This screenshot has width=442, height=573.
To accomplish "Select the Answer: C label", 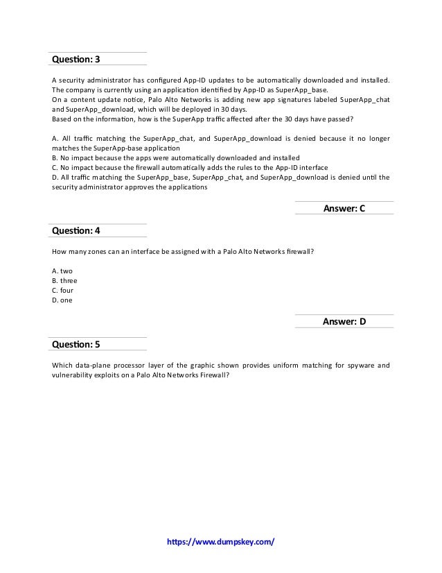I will tap(344, 207).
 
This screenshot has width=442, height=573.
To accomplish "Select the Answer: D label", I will tap(344, 321).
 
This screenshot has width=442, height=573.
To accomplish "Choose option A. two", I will tap(62, 271).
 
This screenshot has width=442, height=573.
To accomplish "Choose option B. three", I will tap(64, 280).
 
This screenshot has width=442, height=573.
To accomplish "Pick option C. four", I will tap(63, 291).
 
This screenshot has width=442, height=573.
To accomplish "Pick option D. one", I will tap(62, 300).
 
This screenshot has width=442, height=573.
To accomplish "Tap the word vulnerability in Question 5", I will tap(73, 374).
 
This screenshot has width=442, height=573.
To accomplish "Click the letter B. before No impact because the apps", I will tap(55, 158).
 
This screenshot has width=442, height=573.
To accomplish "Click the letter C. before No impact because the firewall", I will tap(55, 168).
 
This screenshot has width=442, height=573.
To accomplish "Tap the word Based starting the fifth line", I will tap(62, 119).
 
